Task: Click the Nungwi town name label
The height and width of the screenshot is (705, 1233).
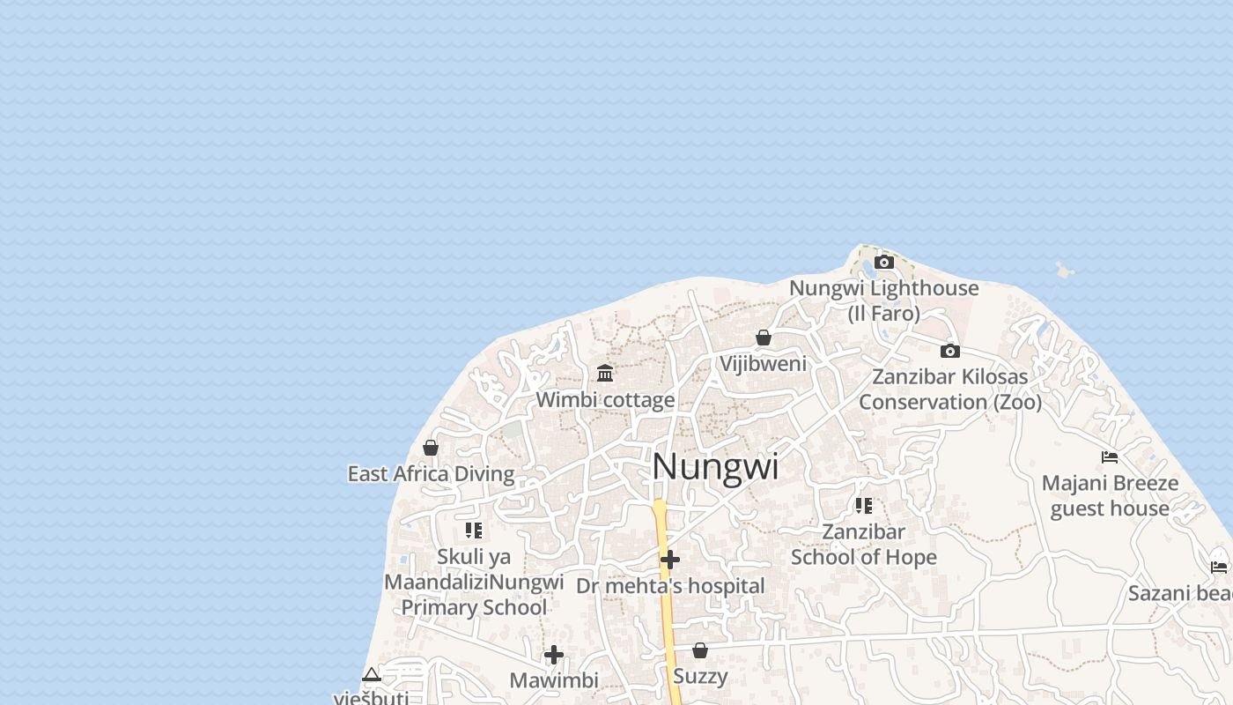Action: (x=715, y=467)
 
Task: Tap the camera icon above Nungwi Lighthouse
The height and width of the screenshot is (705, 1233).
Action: (x=884, y=263)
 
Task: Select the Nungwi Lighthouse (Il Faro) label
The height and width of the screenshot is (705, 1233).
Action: (x=883, y=301)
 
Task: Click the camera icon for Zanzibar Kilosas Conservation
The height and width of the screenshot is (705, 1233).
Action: (x=949, y=351)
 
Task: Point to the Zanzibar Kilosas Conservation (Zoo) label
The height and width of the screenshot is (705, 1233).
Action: (x=950, y=390)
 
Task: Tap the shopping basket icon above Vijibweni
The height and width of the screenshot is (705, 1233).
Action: (x=764, y=338)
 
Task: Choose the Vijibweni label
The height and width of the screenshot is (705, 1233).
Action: (x=763, y=363)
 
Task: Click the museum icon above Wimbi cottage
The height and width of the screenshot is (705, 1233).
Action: (x=605, y=373)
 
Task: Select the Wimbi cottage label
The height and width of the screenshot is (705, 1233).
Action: (x=605, y=400)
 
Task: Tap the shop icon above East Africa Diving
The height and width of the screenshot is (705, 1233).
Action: (x=431, y=448)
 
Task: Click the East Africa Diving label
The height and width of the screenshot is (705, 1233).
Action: (x=431, y=474)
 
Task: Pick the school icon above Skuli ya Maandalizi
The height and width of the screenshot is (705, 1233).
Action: (x=474, y=531)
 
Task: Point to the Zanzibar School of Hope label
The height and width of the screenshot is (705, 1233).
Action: (x=863, y=545)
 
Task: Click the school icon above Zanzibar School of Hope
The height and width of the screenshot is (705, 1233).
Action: (x=863, y=506)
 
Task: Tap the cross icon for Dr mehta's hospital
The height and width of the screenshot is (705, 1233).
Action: (x=670, y=560)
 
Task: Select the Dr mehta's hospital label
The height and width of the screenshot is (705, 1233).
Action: (x=670, y=586)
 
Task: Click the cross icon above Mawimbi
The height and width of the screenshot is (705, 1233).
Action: (x=554, y=655)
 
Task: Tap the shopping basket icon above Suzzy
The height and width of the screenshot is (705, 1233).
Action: (x=700, y=650)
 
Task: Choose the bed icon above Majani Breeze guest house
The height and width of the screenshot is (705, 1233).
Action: (x=1110, y=456)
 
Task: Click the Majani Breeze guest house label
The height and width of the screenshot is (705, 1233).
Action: (x=1110, y=496)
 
